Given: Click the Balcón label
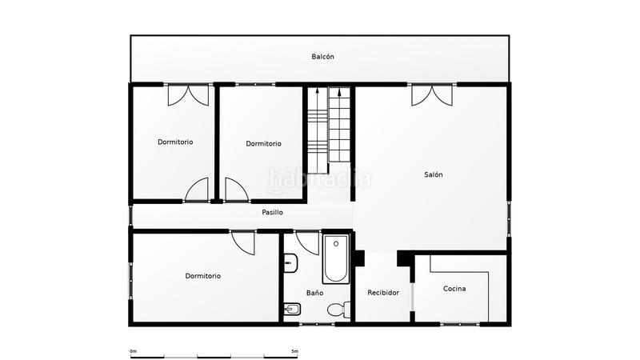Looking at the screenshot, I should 322,57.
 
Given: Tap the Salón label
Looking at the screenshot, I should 434,174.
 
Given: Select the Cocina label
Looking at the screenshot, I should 454,289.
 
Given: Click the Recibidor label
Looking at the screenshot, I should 383,293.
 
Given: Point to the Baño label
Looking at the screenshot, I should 314,293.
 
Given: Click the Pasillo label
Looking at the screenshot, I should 272,213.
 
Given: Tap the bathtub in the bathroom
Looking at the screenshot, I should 336,258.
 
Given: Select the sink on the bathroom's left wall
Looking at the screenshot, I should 290,262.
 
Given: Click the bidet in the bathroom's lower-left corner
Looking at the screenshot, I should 290,310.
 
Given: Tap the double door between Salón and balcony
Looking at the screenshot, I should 431,95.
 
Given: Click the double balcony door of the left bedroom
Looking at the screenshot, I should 188,95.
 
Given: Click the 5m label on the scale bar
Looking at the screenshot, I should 295,351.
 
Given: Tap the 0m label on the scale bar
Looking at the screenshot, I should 133,351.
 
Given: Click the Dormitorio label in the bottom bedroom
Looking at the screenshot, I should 202,276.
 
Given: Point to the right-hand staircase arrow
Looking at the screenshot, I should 340,93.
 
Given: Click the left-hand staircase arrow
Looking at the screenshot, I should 318,93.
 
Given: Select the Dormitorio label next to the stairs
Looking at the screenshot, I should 263,144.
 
